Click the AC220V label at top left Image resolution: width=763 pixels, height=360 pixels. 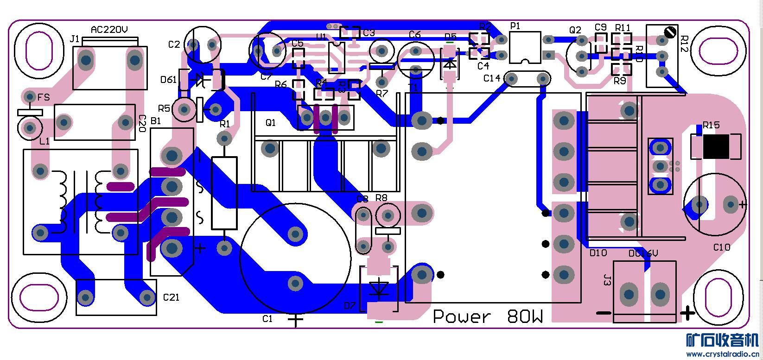click(x=109, y=30)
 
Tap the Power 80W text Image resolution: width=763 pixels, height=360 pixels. click(x=488, y=317)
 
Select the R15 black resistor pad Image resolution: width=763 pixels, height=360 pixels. click(x=716, y=146)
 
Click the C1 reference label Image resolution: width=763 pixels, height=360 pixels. click(x=267, y=319)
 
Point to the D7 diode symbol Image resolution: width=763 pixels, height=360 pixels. click(x=380, y=288)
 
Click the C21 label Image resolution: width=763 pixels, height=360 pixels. click(x=171, y=297)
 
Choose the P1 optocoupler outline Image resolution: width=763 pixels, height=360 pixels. click(x=525, y=47)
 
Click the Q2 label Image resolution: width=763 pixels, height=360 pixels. click(x=575, y=30)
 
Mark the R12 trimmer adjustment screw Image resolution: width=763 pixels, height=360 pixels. click(x=669, y=32)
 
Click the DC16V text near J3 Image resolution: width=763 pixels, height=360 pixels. click(x=643, y=254)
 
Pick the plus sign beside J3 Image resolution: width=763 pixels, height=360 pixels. click(x=687, y=314)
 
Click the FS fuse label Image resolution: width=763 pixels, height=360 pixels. click(x=44, y=97)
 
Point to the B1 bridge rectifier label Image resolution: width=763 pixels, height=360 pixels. click(x=156, y=121)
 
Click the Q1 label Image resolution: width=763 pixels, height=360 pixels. click(x=270, y=123)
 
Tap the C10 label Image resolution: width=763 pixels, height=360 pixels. click(x=721, y=247)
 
